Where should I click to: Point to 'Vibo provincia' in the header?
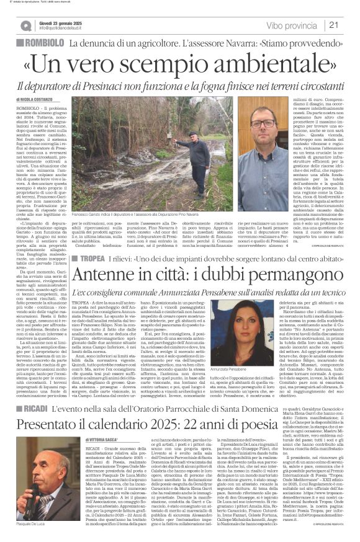click(x=294, y=25)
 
